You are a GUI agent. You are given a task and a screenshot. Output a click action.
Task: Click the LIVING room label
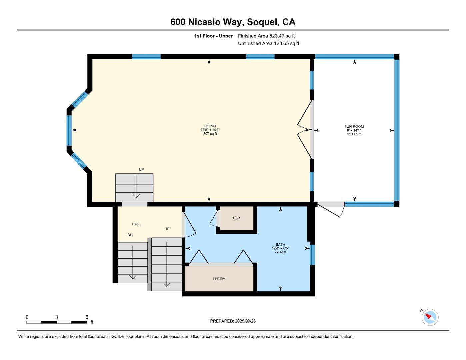(x=210, y=126)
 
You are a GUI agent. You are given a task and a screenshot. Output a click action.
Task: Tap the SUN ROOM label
(x=354, y=126)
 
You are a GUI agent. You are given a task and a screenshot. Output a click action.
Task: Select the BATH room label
(x=280, y=244)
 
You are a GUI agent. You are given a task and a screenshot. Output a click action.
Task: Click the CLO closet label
(x=236, y=218)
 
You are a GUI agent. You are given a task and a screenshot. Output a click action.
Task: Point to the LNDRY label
(x=219, y=279)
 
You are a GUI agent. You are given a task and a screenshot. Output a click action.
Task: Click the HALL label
(x=136, y=224)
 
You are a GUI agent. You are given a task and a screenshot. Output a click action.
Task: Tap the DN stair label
(x=130, y=235)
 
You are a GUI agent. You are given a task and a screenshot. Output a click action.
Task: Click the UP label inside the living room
(x=141, y=170)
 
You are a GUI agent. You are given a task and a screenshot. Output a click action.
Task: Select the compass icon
(x=430, y=317)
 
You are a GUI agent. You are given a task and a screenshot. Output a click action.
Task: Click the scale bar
(x=57, y=322)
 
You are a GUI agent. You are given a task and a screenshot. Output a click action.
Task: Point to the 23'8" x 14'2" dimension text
(x=210, y=130)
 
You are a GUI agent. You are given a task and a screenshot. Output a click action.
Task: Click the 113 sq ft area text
(x=354, y=134)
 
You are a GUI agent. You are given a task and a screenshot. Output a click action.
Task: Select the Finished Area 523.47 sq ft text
(x=266, y=36)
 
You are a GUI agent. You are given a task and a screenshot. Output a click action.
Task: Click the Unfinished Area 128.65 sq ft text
(x=268, y=43)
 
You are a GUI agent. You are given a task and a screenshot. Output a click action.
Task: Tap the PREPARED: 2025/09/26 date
(x=233, y=321)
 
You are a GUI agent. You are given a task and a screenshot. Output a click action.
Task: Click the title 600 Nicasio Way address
(x=233, y=22)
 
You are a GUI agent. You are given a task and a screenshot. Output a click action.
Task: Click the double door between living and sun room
(x=305, y=130)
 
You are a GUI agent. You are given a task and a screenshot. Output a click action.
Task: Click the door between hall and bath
(x=189, y=223)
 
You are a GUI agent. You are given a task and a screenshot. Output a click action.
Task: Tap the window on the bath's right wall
(x=312, y=255)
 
